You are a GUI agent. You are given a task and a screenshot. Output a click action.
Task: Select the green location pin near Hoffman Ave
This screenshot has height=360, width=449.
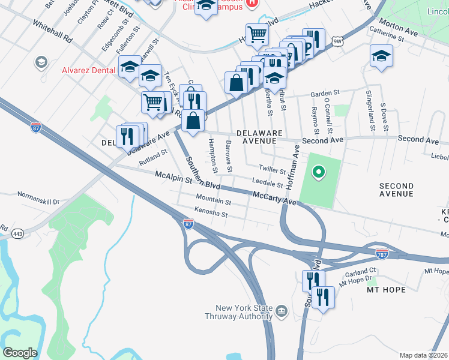(319, 173)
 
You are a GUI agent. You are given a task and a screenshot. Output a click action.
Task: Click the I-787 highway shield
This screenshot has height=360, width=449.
(381, 253)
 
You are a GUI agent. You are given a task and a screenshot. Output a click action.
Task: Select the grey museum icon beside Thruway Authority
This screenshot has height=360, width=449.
(282, 311)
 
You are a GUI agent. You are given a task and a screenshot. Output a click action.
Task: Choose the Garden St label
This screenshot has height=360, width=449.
(325, 94)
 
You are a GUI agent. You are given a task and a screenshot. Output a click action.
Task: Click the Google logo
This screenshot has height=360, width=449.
(20, 353)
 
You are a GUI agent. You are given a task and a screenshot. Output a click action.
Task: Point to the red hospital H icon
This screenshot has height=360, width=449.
(253, 3)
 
